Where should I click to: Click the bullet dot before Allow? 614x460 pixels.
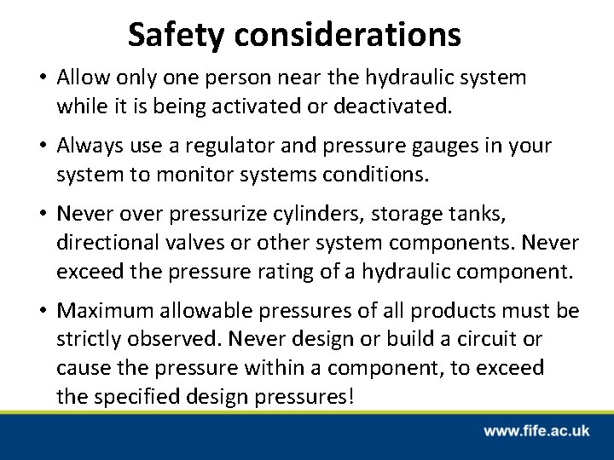[42, 78]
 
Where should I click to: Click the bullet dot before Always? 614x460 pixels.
[42, 147]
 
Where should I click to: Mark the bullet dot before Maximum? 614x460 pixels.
[42, 310]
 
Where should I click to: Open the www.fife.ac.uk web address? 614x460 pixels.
[538, 431]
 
